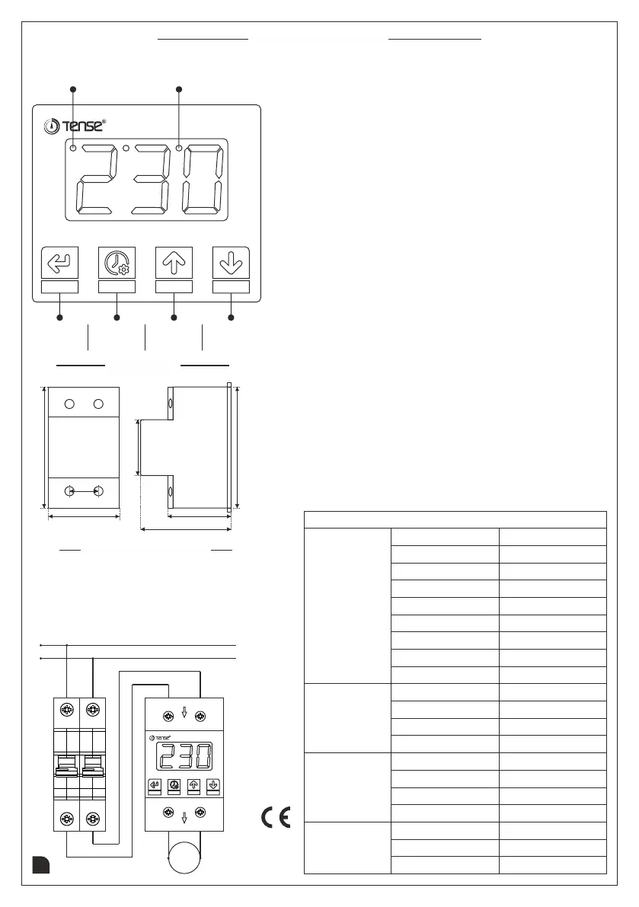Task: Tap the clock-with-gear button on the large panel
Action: pyautogui.click(x=117, y=262)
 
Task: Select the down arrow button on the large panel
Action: pyautogui.click(x=231, y=262)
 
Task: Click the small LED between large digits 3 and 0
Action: pyautogui.click(x=179, y=148)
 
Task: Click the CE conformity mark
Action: pyautogui.click(x=276, y=818)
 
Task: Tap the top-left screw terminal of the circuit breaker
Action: pyautogui.click(x=67, y=712)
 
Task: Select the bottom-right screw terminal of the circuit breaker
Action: pyautogui.click(x=93, y=819)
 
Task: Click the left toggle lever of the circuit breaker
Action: pyautogui.click(x=67, y=762)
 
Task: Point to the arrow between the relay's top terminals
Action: pyautogui.click(x=184, y=714)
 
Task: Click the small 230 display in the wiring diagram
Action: pyautogui.click(x=184, y=757)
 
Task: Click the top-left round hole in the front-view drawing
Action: pyautogui.click(x=69, y=403)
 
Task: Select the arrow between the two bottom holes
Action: pyautogui.click(x=83, y=492)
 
